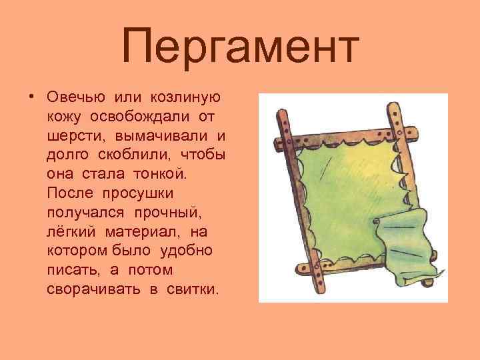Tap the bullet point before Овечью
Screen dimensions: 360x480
tap(31, 97)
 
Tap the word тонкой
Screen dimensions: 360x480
tap(160, 175)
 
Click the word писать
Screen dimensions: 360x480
tap(69, 271)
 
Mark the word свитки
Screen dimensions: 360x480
tap(194, 290)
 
